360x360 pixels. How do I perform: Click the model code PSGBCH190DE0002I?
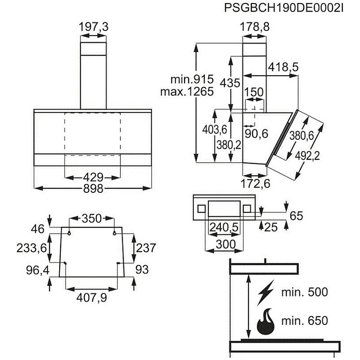click(x=284, y=8)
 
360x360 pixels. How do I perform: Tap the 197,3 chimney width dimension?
click(x=94, y=27)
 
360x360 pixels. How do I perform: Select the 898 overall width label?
click(x=93, y=189)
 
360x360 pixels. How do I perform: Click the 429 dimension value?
click(x=93, y=178)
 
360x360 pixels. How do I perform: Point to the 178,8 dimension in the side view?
click(x=254, y=27)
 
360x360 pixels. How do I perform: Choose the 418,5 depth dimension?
click(x=283, y=67)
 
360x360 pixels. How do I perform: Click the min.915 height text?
click(x=192, y=80)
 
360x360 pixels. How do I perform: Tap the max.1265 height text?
click(x=187, y=92)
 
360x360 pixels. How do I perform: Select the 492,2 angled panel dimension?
click(x=307, y=156)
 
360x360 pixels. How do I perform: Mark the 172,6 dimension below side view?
click(x=255, y=184)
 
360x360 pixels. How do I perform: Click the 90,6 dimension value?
click(x=256, y=134)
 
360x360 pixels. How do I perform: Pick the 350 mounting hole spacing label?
click(x=92, y=218)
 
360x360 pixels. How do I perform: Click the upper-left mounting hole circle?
click(x=69, y=233)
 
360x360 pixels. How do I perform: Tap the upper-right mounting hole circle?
click(x=114, y=233)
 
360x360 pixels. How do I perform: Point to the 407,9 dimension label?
click(x=92, y=298)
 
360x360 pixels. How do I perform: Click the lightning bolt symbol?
click(x=266, y=292)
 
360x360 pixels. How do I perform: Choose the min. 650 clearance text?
click(x=305, y=320)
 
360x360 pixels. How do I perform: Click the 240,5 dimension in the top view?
click(x=224, y=228)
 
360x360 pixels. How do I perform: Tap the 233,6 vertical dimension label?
click(x=32, y=248)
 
